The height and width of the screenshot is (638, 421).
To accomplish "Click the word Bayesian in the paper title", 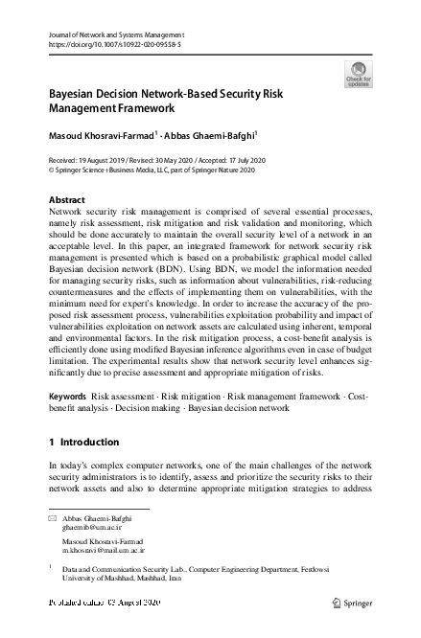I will [x=76, y=97].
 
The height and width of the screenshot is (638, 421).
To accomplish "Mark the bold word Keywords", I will [x=69, y=396].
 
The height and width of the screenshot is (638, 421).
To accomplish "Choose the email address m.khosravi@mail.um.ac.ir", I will [x=104, y=552].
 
